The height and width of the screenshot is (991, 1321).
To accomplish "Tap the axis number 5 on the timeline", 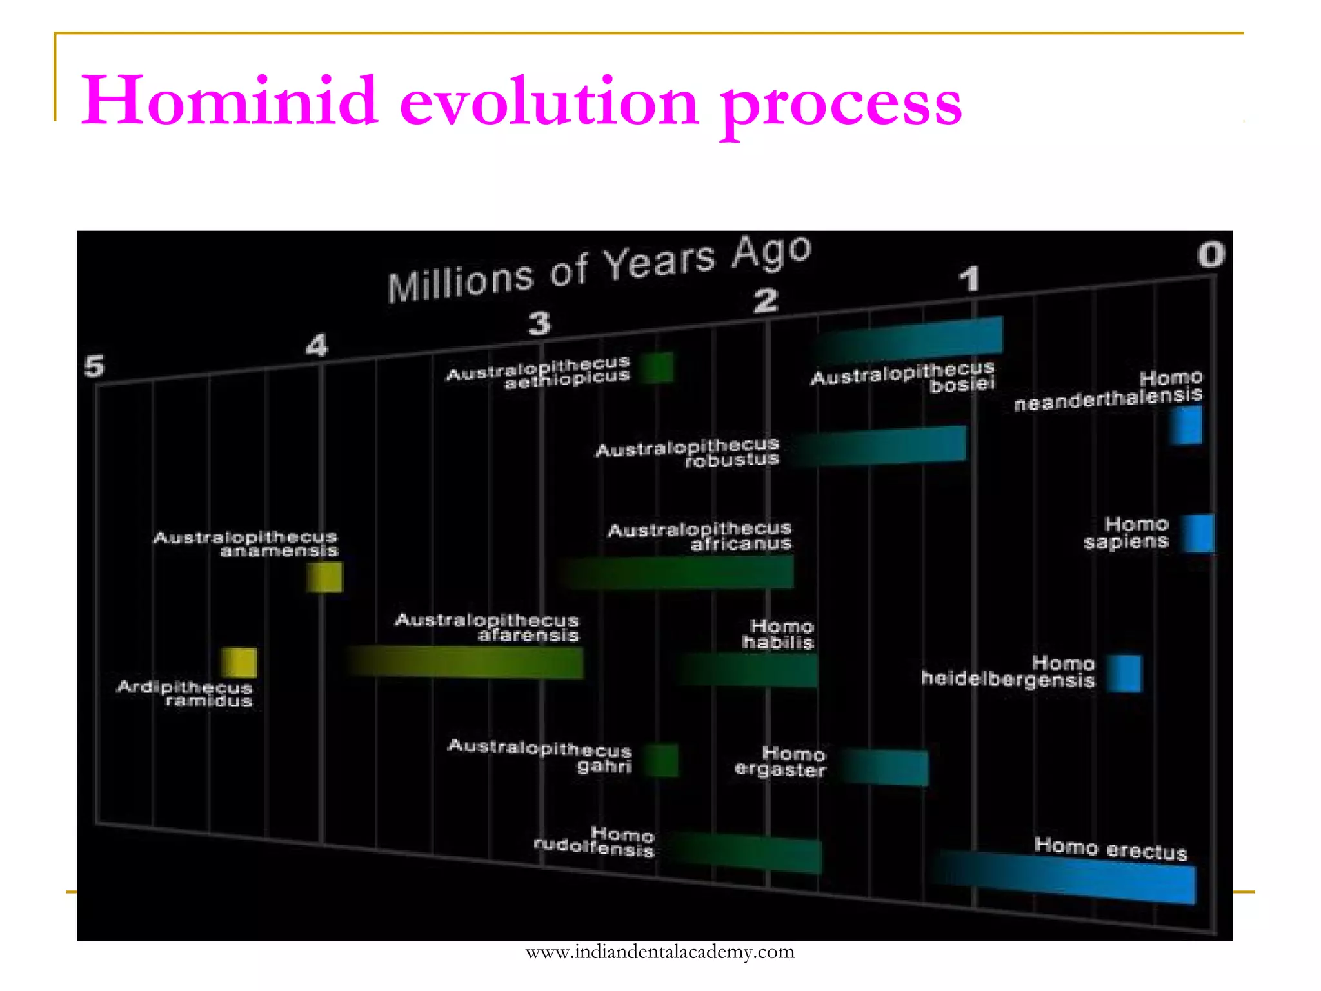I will tap(94, 366).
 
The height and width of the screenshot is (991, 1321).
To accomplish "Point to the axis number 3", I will tap(539, 323).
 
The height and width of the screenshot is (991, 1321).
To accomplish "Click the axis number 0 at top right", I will tap(1211, 254).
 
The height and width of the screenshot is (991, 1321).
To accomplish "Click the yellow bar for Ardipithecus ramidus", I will tap(239, 663).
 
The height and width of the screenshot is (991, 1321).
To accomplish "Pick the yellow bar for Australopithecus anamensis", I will tap(324, 577).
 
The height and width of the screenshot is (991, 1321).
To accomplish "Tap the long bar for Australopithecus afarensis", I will tap(464, 662).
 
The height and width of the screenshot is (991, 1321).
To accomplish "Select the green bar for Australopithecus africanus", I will tap(677, 572).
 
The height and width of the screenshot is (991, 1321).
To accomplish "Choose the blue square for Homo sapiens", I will tap(1198, 533).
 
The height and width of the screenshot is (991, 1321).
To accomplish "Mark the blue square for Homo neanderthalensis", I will tap(1187, 425).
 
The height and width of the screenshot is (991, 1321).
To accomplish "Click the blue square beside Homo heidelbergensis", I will tap(1125, 673).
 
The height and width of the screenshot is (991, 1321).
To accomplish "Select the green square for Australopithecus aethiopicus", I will tap(657, 368).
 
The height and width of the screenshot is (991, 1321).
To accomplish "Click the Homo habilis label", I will tap(779, 634).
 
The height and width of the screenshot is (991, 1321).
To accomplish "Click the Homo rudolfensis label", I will tap(595, 841).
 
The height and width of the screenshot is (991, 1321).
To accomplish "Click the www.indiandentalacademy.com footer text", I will tap(660, 952).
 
